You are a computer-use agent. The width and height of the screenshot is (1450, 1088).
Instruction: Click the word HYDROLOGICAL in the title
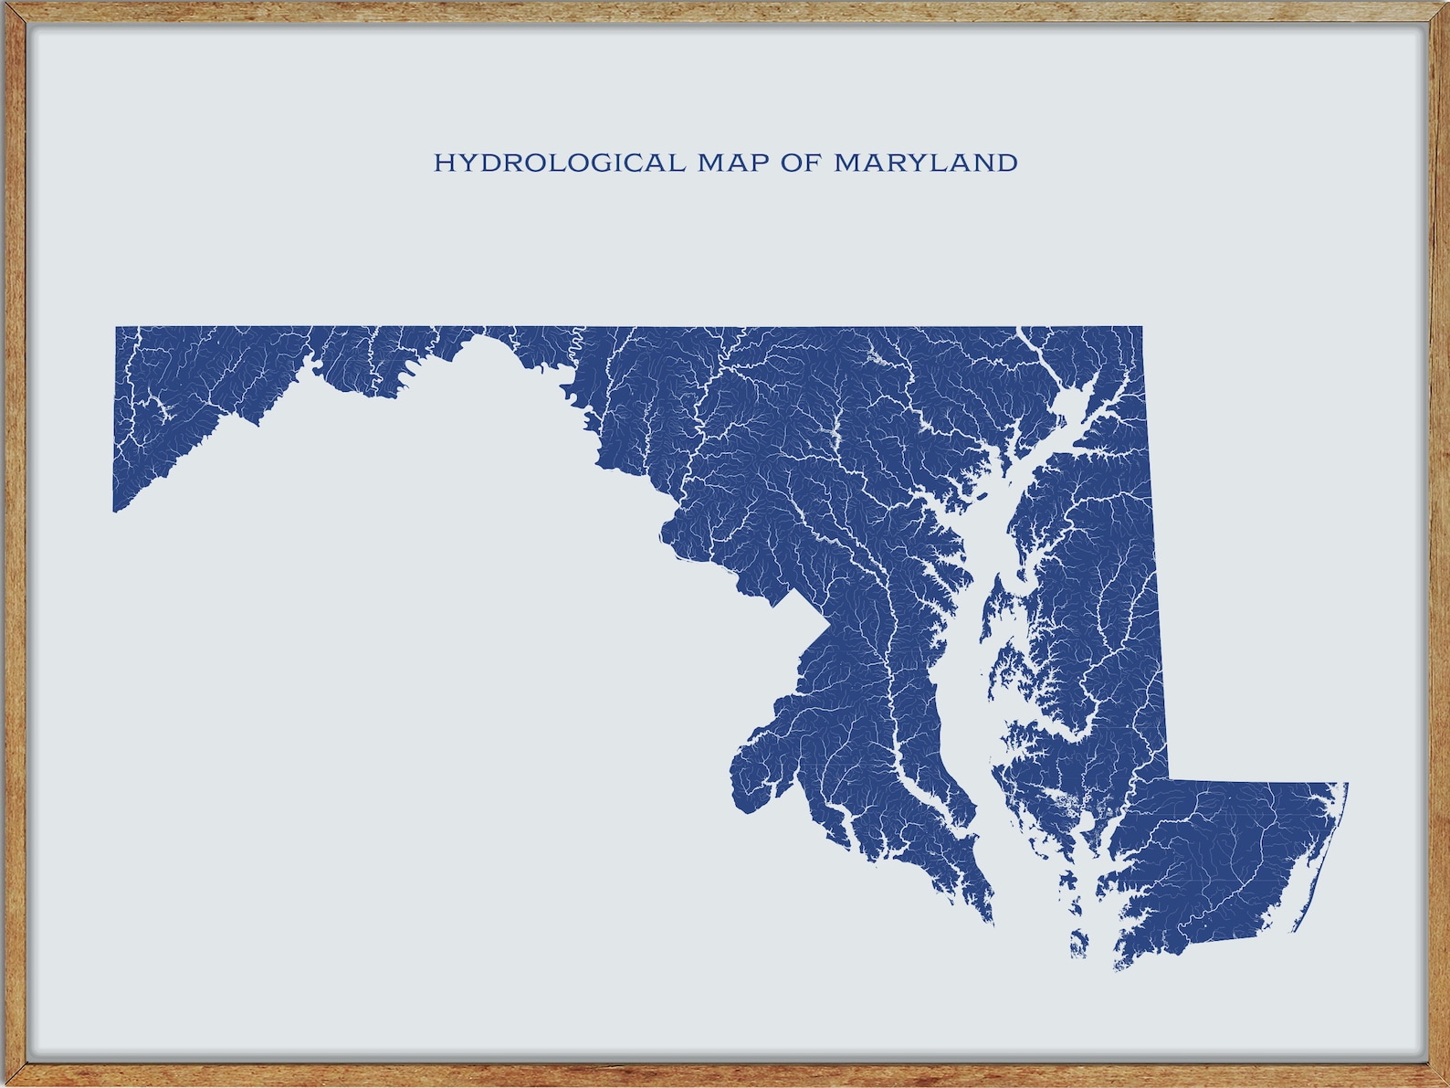(558, 164)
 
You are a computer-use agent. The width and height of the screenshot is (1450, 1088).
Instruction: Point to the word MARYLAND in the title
(925, 164)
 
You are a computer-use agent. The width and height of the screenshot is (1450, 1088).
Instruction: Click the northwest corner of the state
(117, 328)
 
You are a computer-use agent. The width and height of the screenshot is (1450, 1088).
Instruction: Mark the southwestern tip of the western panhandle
(115, 511)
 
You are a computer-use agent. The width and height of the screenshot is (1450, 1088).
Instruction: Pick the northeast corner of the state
(1141, 328)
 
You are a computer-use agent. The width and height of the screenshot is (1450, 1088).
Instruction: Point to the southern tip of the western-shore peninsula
(992, 921)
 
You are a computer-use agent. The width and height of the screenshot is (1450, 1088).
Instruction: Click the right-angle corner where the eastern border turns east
(1169, 781)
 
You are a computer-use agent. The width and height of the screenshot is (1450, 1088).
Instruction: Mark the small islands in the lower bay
(1078, 941)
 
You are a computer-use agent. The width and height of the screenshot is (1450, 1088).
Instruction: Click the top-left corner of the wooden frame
(5, 5)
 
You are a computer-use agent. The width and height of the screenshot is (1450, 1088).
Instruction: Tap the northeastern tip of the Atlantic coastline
(1346, 784)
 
